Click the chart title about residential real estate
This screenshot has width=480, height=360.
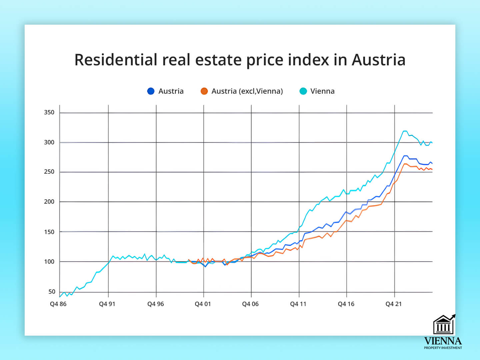click(240, 60)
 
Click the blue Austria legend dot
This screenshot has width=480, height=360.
click(151, 91)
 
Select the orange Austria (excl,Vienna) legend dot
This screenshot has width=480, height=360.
click(204, 91)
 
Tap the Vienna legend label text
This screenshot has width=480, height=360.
click(322, 91)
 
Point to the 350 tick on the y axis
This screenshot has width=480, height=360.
click(49, 112)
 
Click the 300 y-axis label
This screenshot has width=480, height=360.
click(49, 142)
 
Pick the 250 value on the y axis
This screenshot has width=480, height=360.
click(49, 172)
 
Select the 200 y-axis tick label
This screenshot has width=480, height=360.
click(49, 202)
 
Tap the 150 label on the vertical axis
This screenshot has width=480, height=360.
click(49, 232)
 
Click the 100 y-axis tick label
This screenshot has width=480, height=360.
click(49, 262)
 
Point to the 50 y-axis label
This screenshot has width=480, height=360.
click(52, 292)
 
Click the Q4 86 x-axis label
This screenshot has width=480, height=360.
click(58, 304)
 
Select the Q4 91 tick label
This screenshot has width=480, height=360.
click(107, 304)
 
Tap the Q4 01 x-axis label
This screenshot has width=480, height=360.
click(203, 304)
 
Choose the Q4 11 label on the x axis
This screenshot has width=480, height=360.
click(298, 304)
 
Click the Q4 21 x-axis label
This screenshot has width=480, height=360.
click(394, 304)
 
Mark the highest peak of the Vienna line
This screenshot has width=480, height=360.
click(405, 131)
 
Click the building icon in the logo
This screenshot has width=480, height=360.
click(443, 325)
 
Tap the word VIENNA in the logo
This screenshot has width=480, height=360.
click(443, 341)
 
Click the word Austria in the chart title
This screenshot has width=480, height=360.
click(378, 60)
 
